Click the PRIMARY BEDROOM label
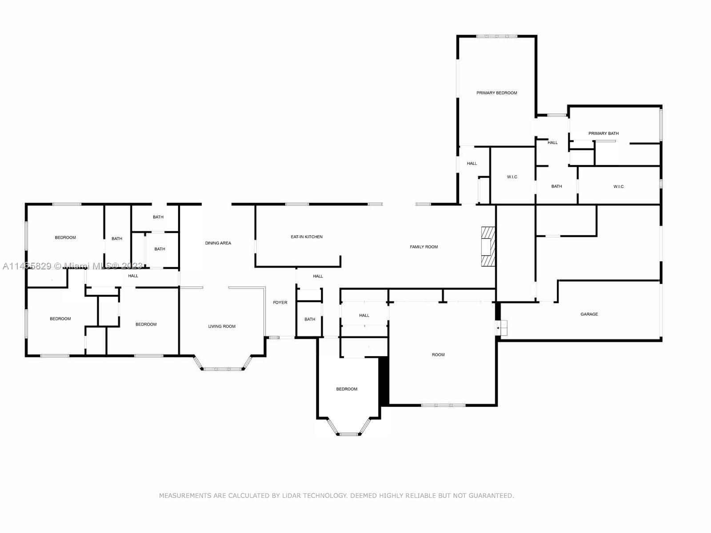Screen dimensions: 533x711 [x=496, y=93]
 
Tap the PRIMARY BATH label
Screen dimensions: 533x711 [x=603, y=133]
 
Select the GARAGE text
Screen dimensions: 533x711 [x=589, y=314]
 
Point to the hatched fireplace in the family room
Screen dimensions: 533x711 [x=488, y=247]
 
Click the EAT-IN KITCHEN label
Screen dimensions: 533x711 [x=307, y=237]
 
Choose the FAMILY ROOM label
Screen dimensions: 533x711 [x=423, y=247]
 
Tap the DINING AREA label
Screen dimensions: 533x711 [x=218, y=243]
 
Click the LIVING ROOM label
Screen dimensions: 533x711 [x=222, y=326]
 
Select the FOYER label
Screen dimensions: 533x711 [x=280, y=303]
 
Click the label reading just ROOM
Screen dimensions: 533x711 [x=438, y=355]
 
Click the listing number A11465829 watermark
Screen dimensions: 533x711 [x=27, y=266]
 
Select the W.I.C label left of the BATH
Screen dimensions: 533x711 [x=512, y=177]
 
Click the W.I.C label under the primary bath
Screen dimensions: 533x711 [x=618, y=187]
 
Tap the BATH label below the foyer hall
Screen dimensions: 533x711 [x=310, y=319]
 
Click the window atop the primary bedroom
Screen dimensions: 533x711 [x=497, y=36]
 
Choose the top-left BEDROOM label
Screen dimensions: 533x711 [x=65, y=237]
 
